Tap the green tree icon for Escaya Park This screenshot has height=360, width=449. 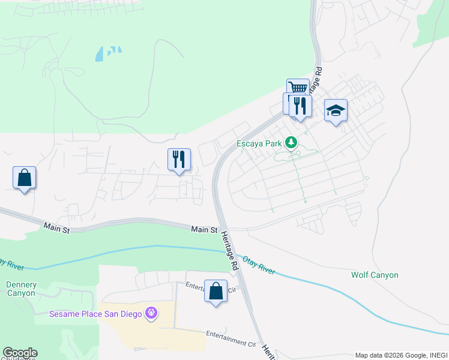pyautogui.click(x=291, y=143)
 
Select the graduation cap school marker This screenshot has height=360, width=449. pyautogui.click(x=336, y=110)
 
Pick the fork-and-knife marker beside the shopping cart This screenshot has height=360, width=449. pyautogui.click(x=300, y=106)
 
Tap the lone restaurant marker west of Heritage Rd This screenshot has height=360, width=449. pyautogui.click(x=179, y=160)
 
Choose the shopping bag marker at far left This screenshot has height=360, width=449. pyautogui.click(x=24, y=178)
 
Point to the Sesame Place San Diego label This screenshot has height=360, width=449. pyautogui.click(x=95, y=314)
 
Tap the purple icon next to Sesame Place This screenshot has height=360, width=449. pyautogui.click(x=151, y=313)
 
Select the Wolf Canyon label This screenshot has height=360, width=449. pyautogui.click(x=375, y=275)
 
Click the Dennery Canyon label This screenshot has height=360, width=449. pyautogui.click(x=22, y=289)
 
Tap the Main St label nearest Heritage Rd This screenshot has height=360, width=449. pyautogui.click(x=204, y=229)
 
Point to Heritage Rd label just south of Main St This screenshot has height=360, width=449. pyautogui.click(x=230, y=251)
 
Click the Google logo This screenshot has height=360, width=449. pyautogui.click(x=20, y=353)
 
